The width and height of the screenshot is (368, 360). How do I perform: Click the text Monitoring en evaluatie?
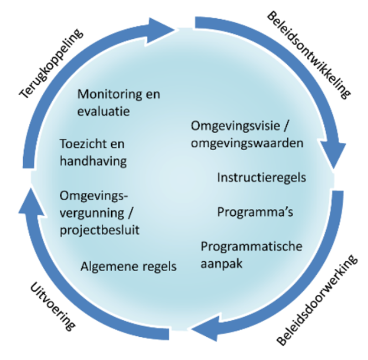click(x=119, y=102)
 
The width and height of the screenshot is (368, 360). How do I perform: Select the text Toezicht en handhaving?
click(x=93, y=152)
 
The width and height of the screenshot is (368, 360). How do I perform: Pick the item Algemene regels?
click(x=128, y=266)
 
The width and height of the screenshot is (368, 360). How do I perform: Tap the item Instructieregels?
click(x=261, y=177)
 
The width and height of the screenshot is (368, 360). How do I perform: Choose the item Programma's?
click(x=255, y=212)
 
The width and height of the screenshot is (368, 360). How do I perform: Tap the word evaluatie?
click(x=104, y=111)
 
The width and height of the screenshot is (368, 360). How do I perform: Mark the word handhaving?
click(x=93, y=161)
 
